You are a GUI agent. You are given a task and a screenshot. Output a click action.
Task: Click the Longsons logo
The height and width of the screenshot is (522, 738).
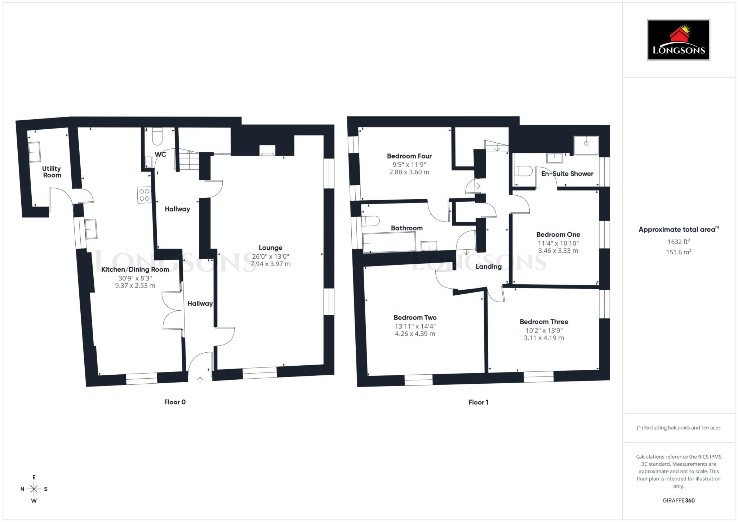678,40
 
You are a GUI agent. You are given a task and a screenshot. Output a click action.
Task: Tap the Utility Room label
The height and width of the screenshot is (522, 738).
52,172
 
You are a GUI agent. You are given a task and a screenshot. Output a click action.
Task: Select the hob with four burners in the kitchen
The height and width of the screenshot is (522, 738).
144,195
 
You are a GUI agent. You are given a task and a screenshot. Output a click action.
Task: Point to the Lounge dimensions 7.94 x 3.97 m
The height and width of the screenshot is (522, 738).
270,264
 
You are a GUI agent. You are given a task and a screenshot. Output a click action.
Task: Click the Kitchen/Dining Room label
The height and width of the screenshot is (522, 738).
135,269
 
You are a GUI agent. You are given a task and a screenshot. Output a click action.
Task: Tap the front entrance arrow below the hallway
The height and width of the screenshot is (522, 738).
200,379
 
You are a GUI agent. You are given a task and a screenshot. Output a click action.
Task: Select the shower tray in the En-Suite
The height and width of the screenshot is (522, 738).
586,145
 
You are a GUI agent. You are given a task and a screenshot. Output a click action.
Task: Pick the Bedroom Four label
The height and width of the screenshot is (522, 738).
409,156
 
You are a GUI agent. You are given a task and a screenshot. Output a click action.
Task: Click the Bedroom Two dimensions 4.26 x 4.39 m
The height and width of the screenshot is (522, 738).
415,334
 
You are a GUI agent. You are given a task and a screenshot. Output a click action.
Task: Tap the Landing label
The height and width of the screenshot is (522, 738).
488,267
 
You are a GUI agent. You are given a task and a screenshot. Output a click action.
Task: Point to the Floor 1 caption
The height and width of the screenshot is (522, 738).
478,402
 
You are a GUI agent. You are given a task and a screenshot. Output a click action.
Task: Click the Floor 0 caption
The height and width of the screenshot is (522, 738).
175,402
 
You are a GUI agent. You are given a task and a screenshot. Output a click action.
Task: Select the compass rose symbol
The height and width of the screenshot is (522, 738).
34,489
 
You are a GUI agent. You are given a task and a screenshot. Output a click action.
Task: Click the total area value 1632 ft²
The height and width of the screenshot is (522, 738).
678,242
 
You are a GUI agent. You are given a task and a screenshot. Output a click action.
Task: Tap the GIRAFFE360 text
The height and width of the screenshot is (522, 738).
678,500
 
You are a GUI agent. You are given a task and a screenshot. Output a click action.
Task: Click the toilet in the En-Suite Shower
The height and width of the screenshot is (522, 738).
524,171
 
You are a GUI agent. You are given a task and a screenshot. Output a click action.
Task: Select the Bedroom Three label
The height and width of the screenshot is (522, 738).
544,322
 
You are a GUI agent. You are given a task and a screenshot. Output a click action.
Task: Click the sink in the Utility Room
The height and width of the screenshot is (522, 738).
35,152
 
